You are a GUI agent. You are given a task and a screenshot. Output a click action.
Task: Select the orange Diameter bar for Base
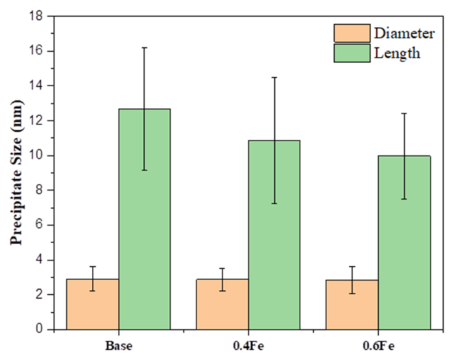pos(94,304)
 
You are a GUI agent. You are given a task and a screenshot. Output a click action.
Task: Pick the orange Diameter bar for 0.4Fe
pos(223,304)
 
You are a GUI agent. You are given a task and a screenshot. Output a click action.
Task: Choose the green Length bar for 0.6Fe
pos(404,242)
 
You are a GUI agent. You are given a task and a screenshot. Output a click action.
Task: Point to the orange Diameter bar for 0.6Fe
pos(353,304)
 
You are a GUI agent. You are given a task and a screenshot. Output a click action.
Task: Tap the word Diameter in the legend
pos(405,33)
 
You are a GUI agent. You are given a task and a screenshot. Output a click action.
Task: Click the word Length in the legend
pos(398,53)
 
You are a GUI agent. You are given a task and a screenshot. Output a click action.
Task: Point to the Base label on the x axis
pos(119,347)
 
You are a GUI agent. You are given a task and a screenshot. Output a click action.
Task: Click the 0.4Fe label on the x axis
pos(248,347)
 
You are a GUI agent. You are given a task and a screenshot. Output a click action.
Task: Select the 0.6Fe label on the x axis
pos(378,347)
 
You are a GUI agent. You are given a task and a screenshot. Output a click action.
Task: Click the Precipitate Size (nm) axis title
pos(16,172)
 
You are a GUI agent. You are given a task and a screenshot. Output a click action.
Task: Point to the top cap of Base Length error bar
pos(145,47)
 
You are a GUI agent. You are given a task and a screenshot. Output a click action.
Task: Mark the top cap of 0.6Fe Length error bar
pos(404,113)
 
